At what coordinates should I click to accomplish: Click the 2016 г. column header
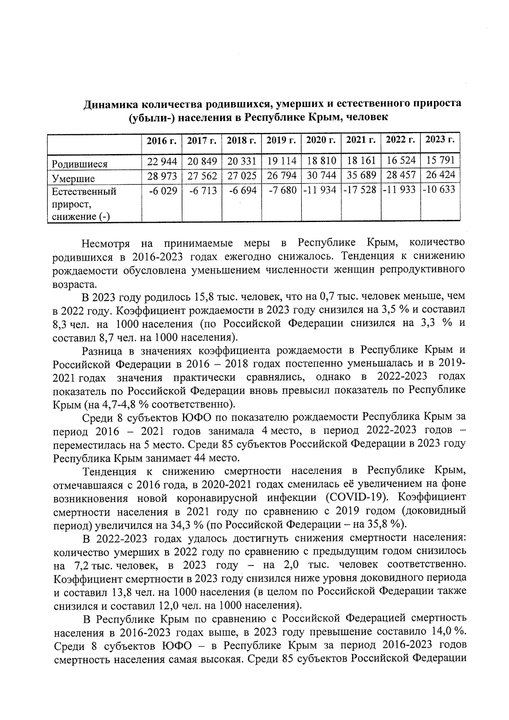[162, 141]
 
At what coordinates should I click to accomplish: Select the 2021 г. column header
[361, 140]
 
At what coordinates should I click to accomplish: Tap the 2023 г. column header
[440, 140]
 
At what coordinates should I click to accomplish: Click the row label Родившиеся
[79, 164]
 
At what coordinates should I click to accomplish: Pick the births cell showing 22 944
[162, 161]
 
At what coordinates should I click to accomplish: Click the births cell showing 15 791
[440, 160]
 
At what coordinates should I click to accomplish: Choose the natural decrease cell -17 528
[361, 190]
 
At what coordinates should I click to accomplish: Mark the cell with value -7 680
[282, 191]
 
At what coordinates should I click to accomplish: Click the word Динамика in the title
[110, 104]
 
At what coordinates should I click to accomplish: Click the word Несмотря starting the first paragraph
[107, 244]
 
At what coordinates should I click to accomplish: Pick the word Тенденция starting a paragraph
[110, 471]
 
